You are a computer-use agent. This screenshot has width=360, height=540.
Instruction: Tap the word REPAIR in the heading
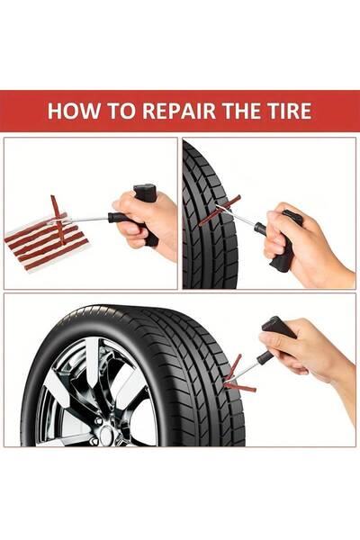(x=178, y=111)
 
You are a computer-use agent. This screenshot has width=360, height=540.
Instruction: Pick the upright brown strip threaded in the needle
(x=58, y=220)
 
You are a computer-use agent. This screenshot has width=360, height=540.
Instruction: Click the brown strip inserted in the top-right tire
(x=219, y=210)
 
